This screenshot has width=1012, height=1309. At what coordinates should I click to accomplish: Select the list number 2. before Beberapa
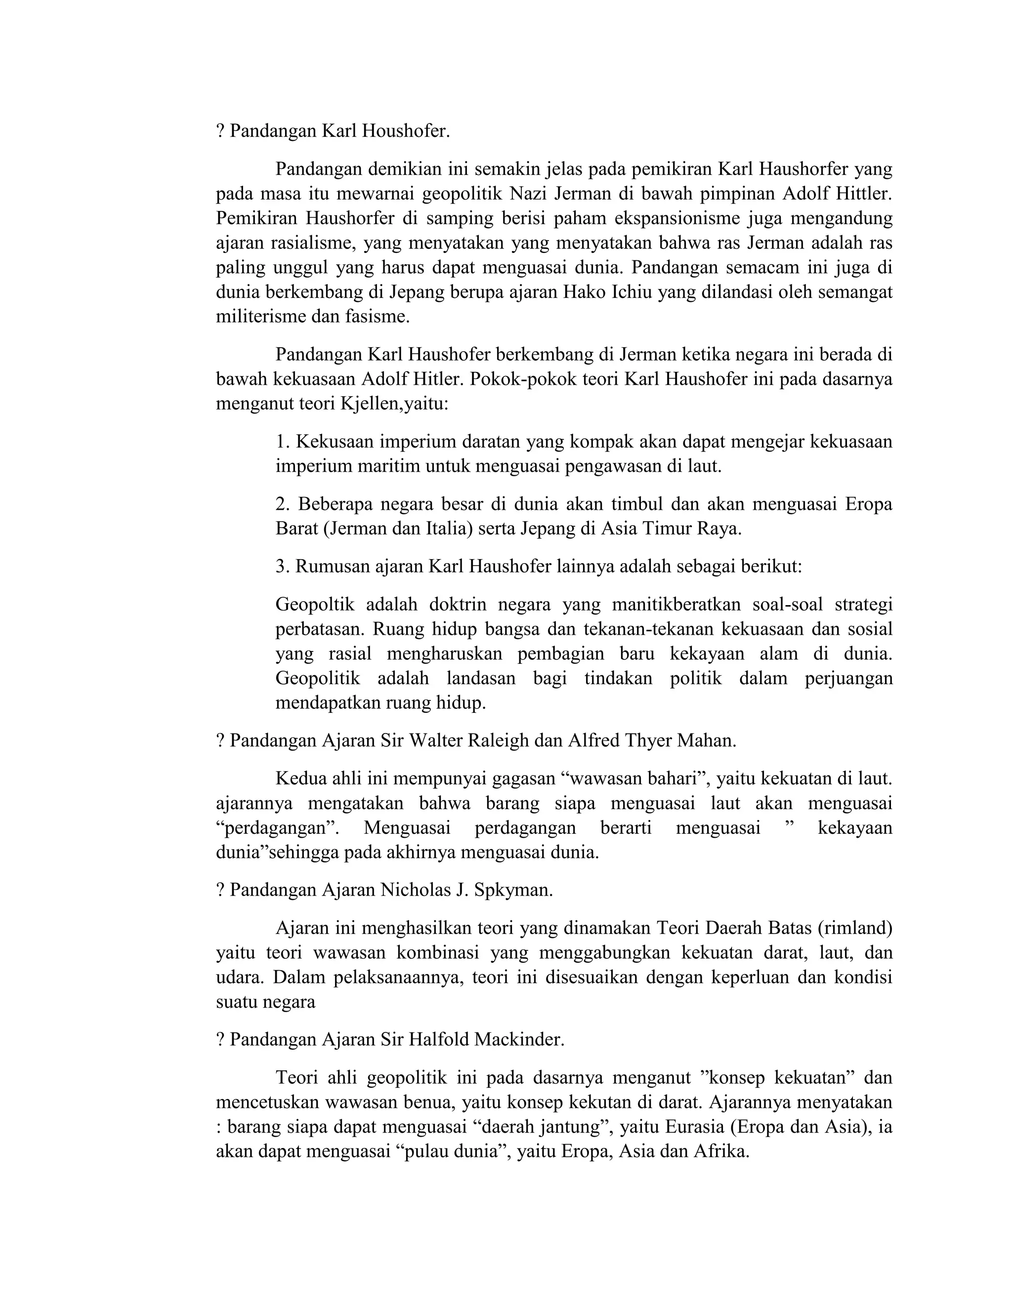point(283,504)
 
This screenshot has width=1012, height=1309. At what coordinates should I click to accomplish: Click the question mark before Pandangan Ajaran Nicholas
point(220,890)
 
